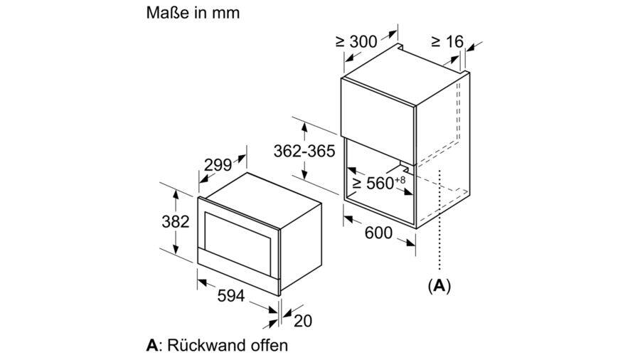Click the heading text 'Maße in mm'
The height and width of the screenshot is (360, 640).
(193, 13)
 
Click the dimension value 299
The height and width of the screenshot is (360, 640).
(218, 165)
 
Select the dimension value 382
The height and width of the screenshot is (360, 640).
(176, 222)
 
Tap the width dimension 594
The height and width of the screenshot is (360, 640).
(231, 296)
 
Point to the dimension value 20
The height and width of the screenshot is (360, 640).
(303, 321)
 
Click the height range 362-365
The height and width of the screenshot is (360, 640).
(304, 151)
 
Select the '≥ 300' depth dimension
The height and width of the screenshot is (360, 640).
(356, 42)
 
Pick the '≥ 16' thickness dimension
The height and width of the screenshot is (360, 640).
(447, 42)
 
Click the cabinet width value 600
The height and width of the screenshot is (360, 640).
(378, 233)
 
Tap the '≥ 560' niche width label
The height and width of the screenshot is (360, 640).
(373, 184)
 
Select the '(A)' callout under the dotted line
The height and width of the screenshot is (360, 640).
(439, 285)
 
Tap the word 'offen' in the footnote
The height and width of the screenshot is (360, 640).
(272, 345)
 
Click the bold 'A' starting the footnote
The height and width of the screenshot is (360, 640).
(152, 346)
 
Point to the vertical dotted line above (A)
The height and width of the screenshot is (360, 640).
(439, 220)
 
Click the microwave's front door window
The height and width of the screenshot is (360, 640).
(237, 243)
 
